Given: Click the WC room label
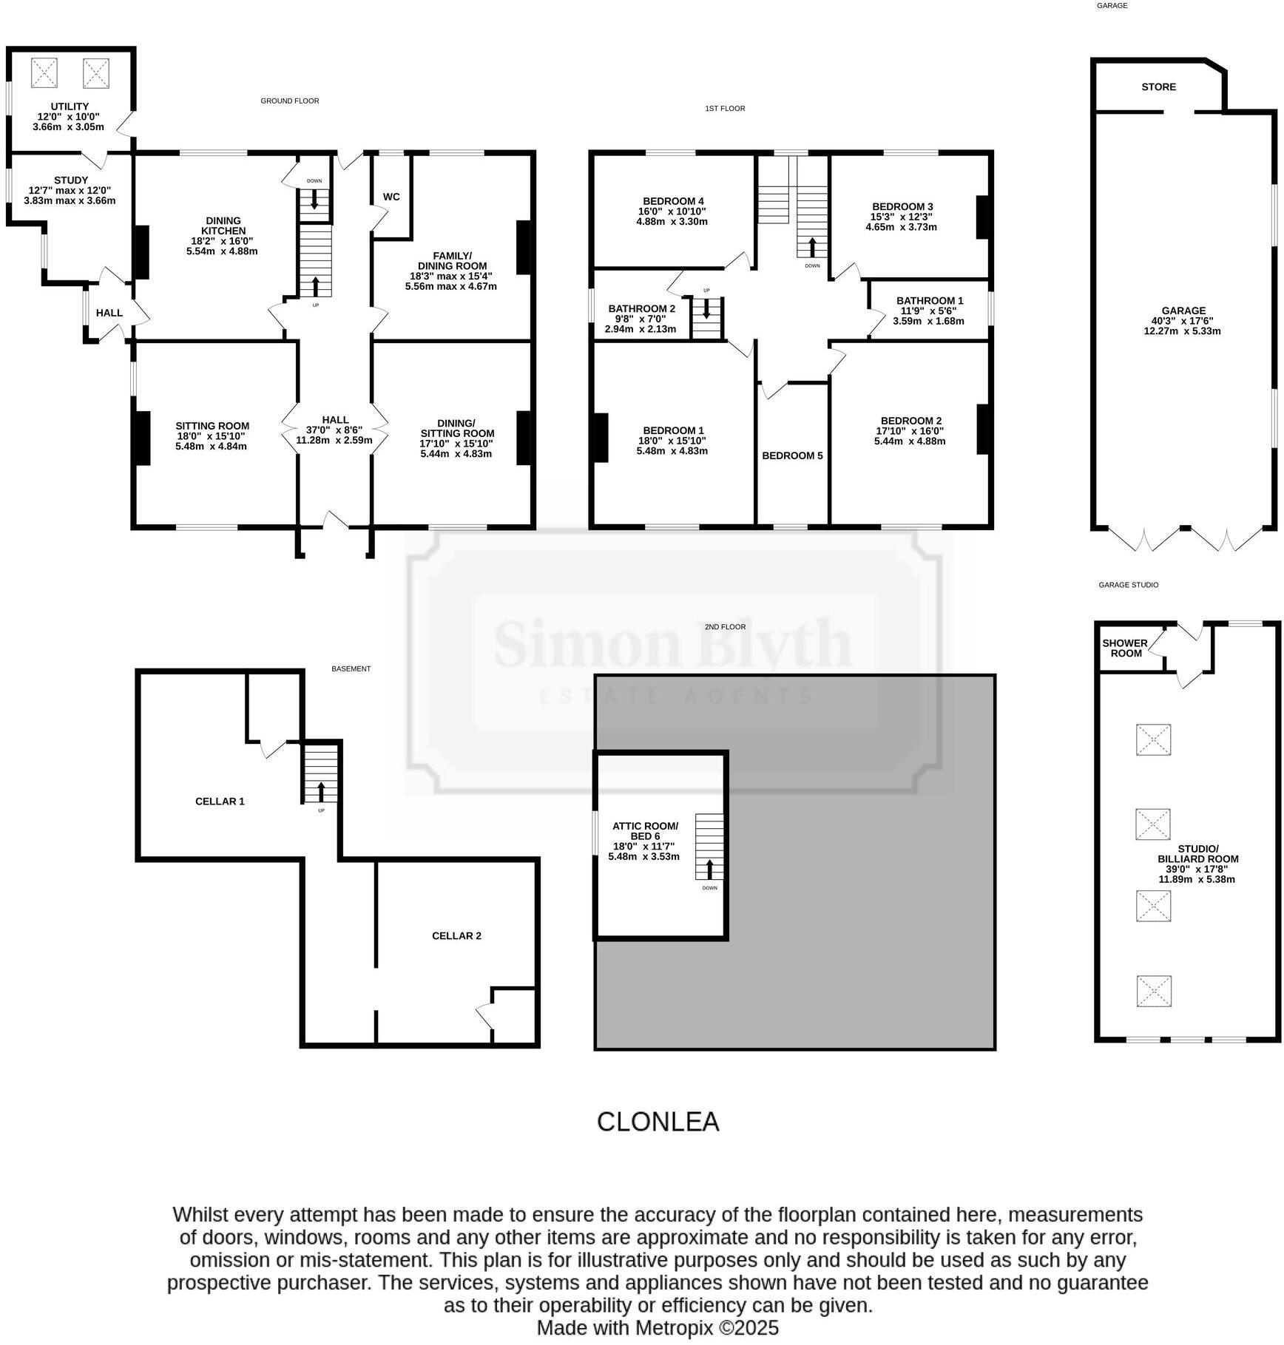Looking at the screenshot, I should [391, 197].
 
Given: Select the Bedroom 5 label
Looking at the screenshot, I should [792, 455].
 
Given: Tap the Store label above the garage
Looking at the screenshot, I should [1158, 87].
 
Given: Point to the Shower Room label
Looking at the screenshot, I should [1125, 648].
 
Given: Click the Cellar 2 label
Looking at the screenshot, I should [456, 935].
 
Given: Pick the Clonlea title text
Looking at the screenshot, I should [658, 1122].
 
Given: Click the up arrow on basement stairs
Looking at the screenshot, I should [321, 791].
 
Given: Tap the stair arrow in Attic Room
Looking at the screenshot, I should [710, 868].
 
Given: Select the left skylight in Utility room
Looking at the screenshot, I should [44, 73].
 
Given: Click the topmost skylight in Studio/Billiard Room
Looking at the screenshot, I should [1153, 739].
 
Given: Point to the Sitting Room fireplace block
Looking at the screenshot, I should [141, 438].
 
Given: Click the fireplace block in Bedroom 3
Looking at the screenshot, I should [983, 217].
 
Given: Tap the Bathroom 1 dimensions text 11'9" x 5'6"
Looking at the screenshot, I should [928, 311].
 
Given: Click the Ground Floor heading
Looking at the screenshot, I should [289, 101].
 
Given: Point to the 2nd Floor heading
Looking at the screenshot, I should [725, 626].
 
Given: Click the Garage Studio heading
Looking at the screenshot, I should [1128, 585].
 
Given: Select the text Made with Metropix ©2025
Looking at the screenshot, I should [658, 1328].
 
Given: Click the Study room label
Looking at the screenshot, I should [71, 180].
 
